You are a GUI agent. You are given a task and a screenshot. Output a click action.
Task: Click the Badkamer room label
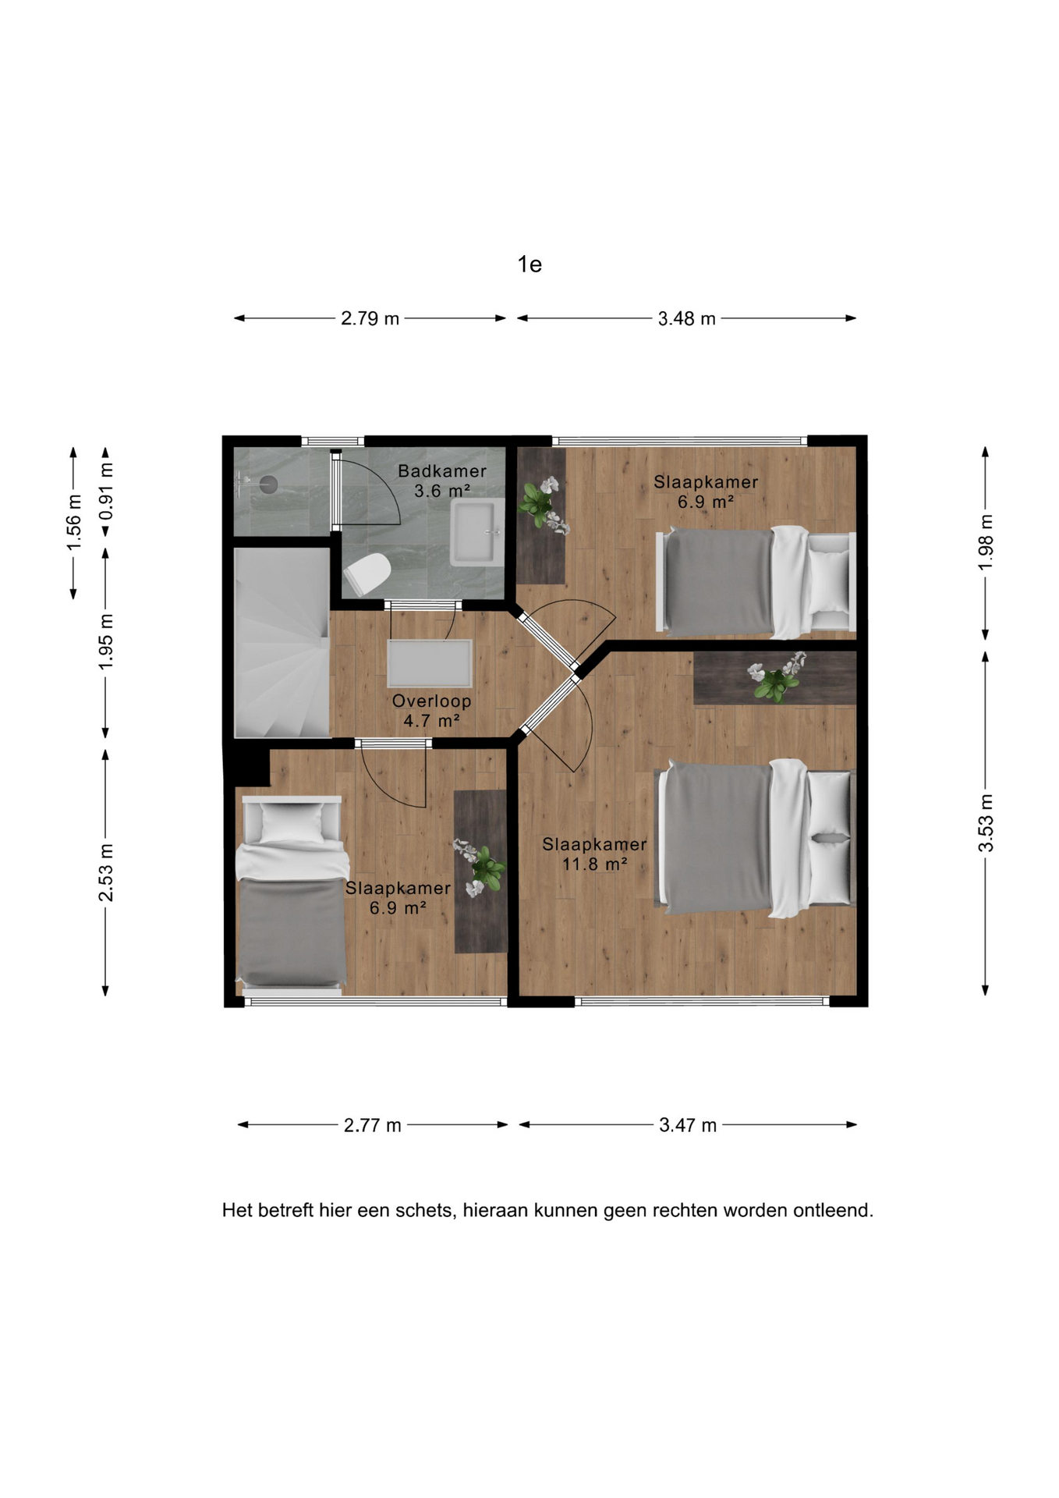pos(442,471)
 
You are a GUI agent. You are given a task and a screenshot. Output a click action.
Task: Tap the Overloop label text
pos(431,701)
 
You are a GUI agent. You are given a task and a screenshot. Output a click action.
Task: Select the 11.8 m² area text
pos(595,864)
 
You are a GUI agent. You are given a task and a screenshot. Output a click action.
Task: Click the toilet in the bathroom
pos(367,574)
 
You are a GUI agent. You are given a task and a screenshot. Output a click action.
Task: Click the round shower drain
pos(268,485)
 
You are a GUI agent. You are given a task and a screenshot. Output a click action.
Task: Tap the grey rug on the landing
pos(430,663)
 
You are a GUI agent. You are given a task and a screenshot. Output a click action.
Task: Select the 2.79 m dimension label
pos(370,318)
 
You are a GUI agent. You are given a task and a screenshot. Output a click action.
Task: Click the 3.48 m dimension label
pos(687,318)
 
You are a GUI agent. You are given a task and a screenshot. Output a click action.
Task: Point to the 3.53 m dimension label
pos(986,823)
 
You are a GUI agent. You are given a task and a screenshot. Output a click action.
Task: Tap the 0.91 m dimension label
pos(106,492)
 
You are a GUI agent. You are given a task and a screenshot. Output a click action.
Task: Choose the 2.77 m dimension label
pos(373,1125)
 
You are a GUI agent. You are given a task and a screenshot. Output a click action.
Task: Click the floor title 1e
pos(529,264)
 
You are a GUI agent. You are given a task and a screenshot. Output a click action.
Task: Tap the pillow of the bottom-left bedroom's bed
pos(291,822)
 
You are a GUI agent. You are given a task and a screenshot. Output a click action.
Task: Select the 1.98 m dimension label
pos(986,542)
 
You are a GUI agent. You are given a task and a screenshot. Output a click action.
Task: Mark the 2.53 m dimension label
pos(106,872)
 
